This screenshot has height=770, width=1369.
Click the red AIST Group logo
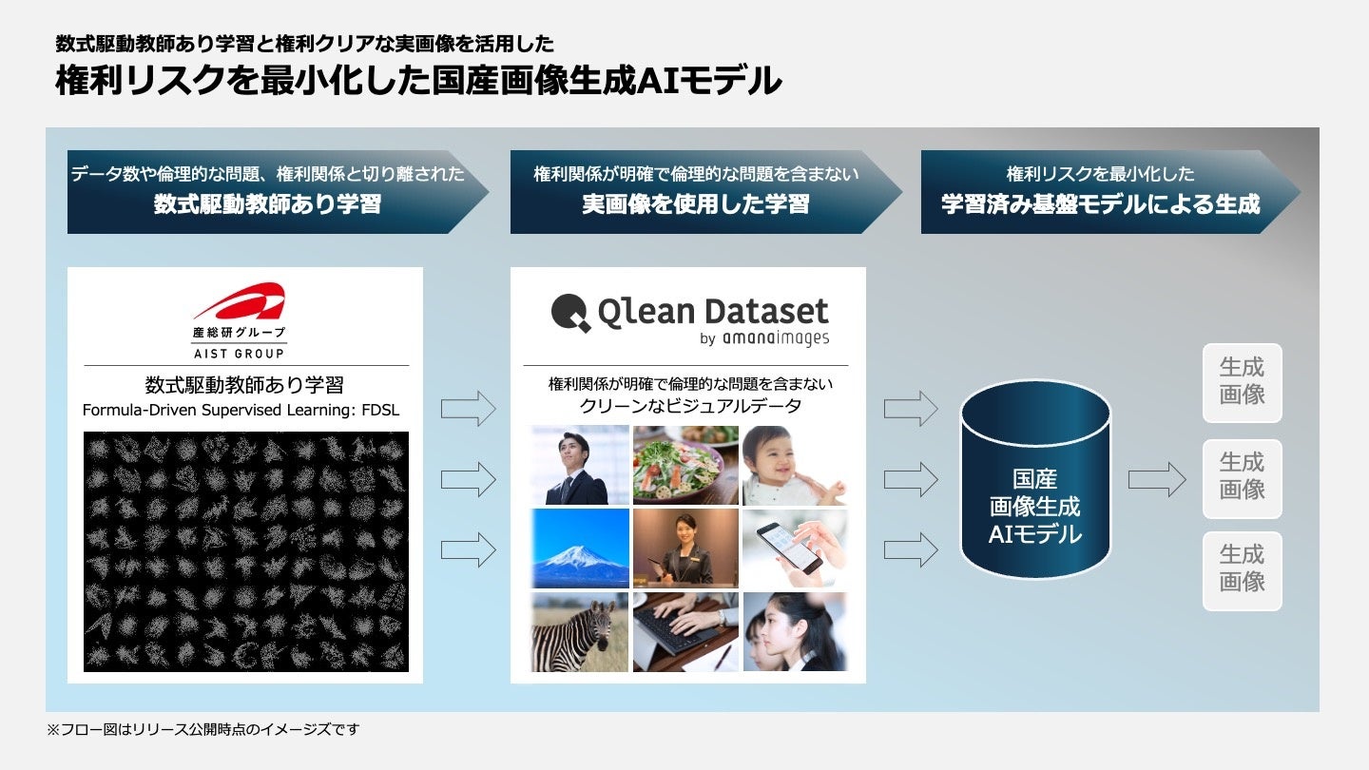239,301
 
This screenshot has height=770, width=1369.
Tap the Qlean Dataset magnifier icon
570,312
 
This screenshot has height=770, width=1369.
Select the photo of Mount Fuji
580,548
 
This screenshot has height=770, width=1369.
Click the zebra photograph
580,631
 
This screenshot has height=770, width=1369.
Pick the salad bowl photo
685,464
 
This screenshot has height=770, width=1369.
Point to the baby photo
794,464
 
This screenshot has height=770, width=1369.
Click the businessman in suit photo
580,464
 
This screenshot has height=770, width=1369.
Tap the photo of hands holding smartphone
794,548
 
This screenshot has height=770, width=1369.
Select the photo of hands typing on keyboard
685,631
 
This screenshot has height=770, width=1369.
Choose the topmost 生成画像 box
1242,382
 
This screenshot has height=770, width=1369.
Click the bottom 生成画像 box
1242,569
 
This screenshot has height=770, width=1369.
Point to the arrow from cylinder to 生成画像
1156,481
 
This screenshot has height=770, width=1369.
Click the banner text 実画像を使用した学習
695,203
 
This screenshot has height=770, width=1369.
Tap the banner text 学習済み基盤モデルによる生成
1100,203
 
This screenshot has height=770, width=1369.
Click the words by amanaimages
763,337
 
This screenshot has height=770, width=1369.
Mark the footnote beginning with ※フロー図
203,730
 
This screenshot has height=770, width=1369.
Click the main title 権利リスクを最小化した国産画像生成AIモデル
418,82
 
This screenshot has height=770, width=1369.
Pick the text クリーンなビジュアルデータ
690,407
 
